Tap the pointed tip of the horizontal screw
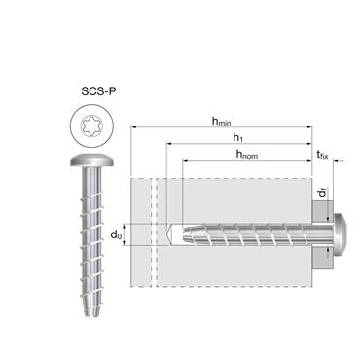[171, 234]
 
